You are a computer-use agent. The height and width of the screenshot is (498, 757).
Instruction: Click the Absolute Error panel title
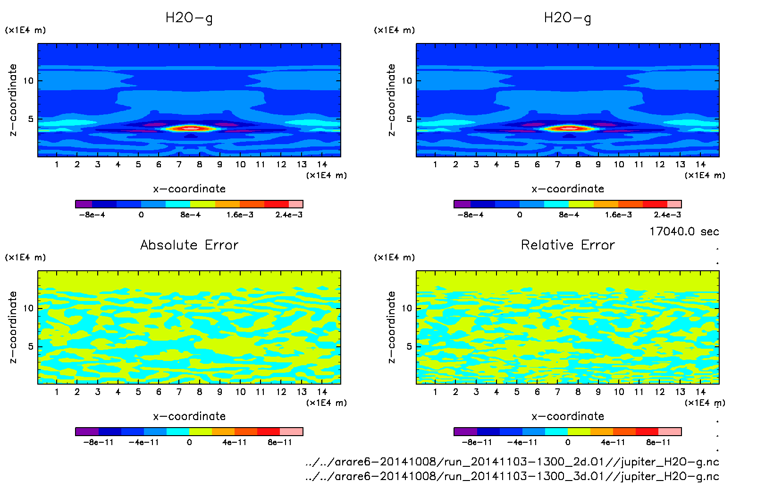click(189, 245)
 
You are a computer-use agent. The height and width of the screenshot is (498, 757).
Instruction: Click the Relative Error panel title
click(568, 245)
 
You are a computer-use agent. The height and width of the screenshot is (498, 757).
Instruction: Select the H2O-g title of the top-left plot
click(189, 18)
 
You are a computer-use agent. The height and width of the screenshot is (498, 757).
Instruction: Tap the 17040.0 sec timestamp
click(684, 232)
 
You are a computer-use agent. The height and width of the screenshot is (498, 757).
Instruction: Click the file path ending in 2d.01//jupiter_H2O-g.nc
click(512, 462)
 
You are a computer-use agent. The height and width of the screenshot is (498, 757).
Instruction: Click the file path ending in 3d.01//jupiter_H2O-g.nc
click(512, 476)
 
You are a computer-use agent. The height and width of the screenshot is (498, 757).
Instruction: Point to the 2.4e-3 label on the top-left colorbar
click(289, 215)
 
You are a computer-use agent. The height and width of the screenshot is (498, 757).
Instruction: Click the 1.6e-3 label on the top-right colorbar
click(618, 215)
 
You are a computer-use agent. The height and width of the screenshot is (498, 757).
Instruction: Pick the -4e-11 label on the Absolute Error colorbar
click(143, 442)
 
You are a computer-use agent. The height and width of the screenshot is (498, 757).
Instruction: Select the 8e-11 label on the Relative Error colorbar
click(658, 442)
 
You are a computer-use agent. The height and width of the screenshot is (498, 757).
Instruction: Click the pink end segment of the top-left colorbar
click(296, 204)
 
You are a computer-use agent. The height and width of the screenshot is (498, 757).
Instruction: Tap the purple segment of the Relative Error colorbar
click(465, 431)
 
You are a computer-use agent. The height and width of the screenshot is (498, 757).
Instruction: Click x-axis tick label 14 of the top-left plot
click(322, 164)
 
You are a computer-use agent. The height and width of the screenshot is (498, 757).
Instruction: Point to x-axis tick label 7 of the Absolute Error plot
click(179, 392)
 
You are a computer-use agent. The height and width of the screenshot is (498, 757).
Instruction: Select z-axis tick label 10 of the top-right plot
click(407, 81)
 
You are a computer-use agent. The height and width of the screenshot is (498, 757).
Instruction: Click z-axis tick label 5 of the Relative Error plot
click(409, 346)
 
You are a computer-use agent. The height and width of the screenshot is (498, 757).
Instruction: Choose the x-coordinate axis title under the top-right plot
click(568, 189)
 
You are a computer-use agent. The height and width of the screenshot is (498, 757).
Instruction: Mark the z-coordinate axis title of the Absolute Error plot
click(13, 327)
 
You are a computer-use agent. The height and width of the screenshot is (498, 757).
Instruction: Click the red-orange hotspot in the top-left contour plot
click(190, 128)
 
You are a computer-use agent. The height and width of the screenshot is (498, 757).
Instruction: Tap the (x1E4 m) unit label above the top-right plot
click(395, 30)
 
